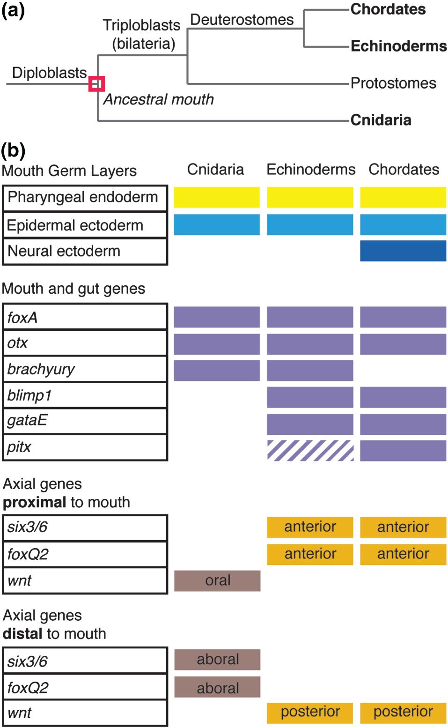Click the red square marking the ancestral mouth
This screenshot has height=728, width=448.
(96, 84)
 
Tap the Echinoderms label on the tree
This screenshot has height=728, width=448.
(398, 46)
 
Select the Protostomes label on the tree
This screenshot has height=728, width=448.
(393, 83)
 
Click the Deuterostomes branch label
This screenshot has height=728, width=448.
(242, 20)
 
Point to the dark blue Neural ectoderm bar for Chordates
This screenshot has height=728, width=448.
(403, 251)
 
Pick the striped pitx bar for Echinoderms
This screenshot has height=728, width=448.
(310, 450)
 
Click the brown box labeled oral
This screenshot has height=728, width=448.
(217, 580)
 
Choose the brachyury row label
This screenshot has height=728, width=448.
(41, 369)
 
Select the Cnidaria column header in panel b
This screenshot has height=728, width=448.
(215, 169)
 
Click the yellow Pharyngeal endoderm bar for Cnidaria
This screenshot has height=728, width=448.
(217, 197)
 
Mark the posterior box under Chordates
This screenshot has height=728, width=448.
(403, 712)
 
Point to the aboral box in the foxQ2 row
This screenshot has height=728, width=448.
(217, 687)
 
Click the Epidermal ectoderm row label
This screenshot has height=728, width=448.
(75, 225)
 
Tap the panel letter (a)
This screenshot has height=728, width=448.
(13, 10)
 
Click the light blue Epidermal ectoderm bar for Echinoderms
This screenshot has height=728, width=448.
(310, 224)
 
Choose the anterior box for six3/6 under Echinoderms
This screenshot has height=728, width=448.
(310, 527)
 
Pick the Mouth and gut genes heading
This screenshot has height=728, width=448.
(73, 289)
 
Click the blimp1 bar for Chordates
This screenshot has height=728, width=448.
(403, 398)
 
